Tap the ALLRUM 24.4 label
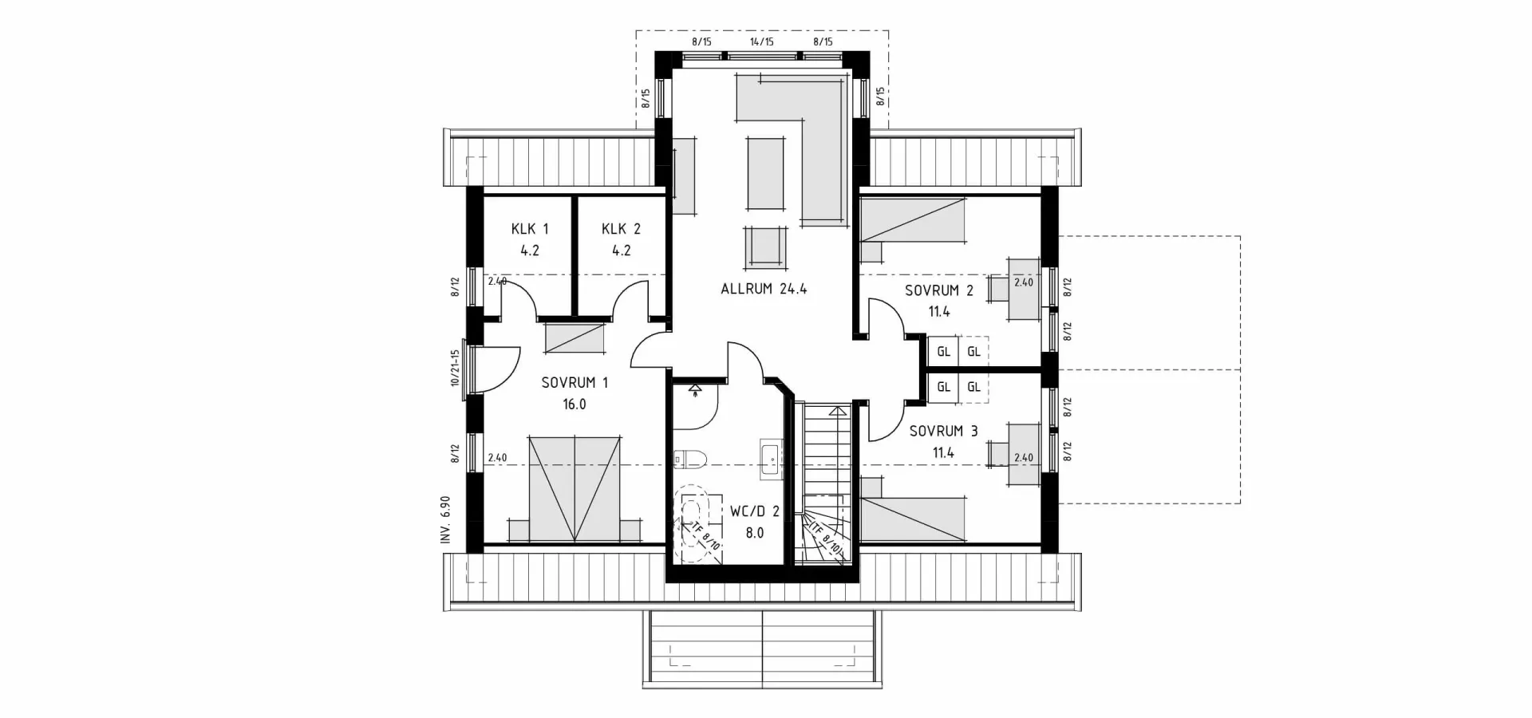click(x=764, y=289)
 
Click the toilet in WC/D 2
click(x=689, y=458)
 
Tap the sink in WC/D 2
click(x=772, y=459)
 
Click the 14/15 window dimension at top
click(x=761, y=41)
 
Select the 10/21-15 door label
click(x=455, y=368)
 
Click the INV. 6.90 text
click(x=446, y=520)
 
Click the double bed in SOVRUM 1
click(x=574, y=488)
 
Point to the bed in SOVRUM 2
click(x=912, y=219)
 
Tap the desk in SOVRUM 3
click(x=1023, y=453)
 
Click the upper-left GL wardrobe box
click(x=943, y=352)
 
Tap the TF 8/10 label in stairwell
click(x=826, y=539)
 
